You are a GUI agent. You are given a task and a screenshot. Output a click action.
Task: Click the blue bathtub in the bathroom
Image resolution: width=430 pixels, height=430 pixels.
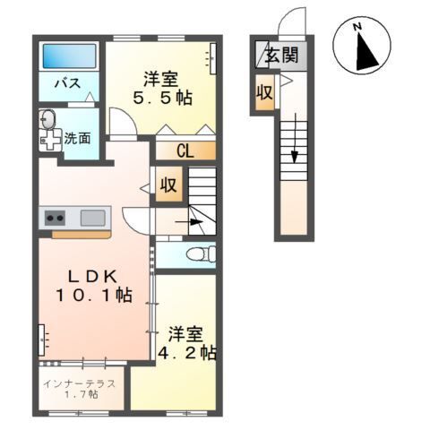click(69, 56)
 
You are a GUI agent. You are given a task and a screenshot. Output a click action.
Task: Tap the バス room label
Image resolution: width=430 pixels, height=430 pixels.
click(68, 82)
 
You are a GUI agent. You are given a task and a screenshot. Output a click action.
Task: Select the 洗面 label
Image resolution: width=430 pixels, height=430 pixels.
click(78, 138)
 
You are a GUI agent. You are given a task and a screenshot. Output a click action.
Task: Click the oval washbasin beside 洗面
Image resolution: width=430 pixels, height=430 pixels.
click(48, 120)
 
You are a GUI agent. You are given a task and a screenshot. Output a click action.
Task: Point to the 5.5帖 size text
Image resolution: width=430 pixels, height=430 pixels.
click(162, 98)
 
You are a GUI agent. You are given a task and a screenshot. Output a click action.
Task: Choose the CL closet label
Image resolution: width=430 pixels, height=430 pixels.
click(185, 151)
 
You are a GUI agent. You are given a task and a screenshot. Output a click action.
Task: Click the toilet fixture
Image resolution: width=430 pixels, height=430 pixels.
click(201, 254)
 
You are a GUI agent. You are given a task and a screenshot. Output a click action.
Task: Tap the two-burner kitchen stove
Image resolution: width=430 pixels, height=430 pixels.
click(56, 218)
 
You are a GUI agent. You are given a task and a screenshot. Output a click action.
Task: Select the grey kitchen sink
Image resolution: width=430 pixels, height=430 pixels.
click(93, 218)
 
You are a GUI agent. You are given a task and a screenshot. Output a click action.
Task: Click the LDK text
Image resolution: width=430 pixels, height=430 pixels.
click(92, 278)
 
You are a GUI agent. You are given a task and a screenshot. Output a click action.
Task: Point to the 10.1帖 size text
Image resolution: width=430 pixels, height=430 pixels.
click(94, 296)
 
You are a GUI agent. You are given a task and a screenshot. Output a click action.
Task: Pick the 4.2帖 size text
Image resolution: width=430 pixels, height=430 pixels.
click(187, 353)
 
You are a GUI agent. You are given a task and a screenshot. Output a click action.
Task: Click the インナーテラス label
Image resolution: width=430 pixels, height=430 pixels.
click(79, 383)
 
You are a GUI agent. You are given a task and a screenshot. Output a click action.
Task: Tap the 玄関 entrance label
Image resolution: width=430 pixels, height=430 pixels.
click(282, 55)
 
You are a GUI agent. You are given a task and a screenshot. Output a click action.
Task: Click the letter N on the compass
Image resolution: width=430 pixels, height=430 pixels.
click(357, 27)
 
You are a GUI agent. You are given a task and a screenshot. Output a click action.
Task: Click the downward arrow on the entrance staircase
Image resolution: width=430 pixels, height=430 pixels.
click(295, 138)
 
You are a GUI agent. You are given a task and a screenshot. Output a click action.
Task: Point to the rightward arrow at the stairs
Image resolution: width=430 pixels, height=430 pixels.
click(188, 222)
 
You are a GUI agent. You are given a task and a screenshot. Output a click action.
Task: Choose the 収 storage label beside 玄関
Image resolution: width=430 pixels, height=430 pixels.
click(264, 92)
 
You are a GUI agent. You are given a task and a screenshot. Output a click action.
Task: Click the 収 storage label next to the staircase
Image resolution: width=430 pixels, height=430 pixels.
click(168, 185)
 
